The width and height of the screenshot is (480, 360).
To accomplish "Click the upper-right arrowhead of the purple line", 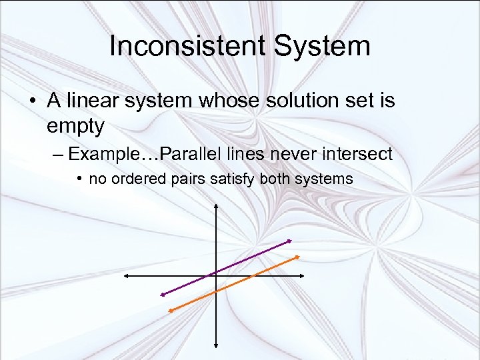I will [x=289, y=240].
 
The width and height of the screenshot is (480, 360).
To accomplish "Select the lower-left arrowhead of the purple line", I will [x=161, y=294].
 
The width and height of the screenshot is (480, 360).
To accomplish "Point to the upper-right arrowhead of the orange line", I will [x=296, y=257].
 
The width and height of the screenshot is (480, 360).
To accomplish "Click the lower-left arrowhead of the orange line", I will [x=170, y=309].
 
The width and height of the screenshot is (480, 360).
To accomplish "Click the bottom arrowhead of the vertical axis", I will [x=216, y=345].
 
